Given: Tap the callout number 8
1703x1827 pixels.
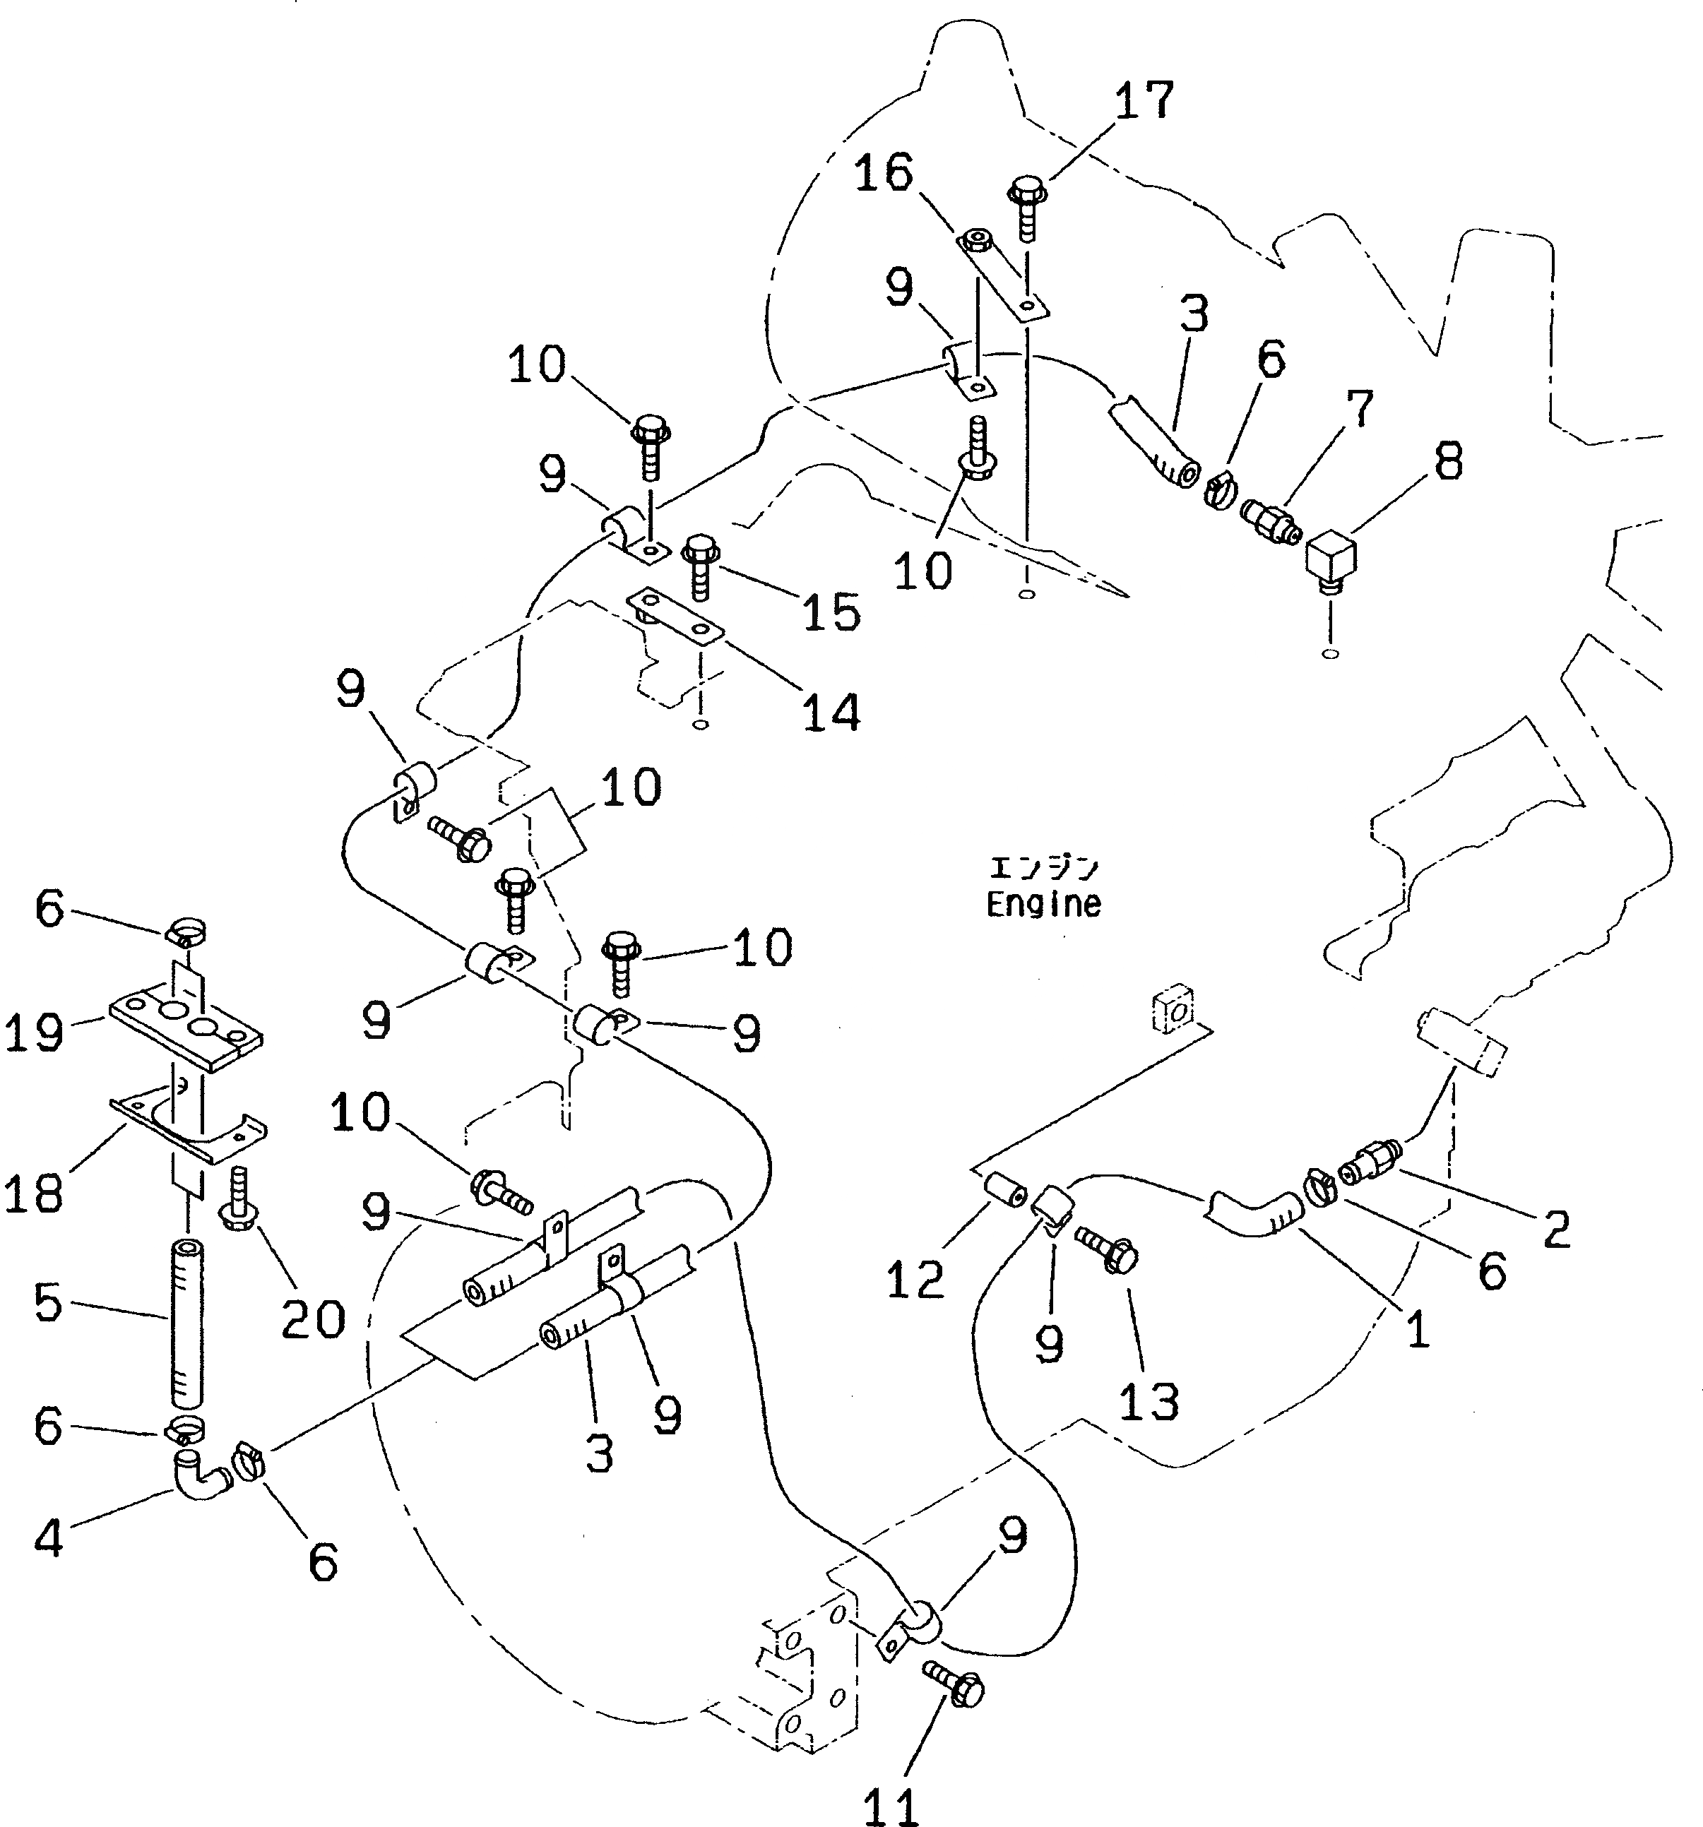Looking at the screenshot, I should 1447,461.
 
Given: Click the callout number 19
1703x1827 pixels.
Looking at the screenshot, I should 35,1033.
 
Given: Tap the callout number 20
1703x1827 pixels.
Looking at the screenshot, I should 312,1319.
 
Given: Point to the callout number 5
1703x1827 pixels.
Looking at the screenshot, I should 48,1302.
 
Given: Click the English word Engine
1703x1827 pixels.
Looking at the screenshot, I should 1043,904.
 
